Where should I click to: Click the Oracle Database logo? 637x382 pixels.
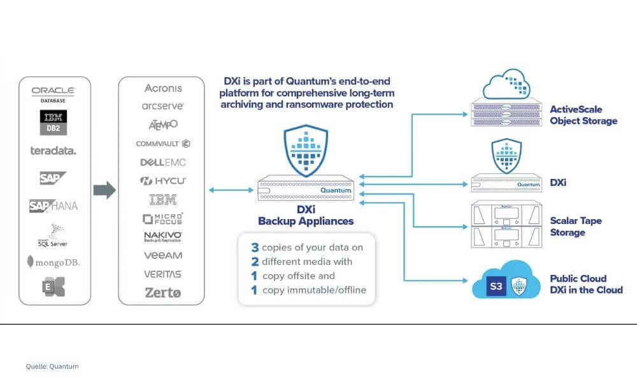pos(53,94)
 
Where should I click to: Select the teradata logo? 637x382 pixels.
pos(53,151)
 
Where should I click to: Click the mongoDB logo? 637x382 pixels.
pos(53,262)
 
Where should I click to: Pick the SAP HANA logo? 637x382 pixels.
pos(53,206)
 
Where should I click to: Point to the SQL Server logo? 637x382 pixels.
pos(53,235)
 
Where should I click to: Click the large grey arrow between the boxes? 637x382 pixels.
pos(104,190)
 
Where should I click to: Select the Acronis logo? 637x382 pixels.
pos(162,88)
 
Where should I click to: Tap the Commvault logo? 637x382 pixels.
pos(162,144)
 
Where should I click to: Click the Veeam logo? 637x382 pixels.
pos(162,255)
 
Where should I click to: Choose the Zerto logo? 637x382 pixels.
pos(162,293)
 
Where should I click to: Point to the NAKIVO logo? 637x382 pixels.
pos(162,236)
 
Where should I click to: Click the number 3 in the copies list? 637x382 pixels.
pos(255,247)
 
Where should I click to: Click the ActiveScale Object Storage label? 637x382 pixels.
pos(583,115)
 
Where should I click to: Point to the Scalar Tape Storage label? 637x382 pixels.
pos(576,227)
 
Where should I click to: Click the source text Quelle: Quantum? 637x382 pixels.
pos(52,366)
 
